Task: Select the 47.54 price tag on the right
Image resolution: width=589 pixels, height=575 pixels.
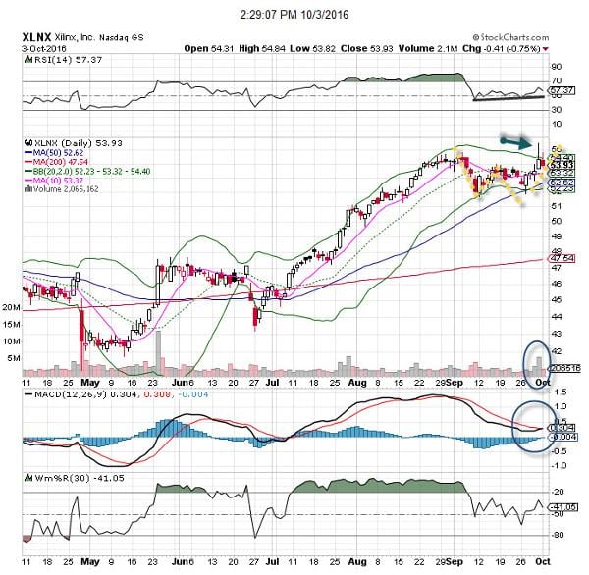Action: click(x=564, y=258)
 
